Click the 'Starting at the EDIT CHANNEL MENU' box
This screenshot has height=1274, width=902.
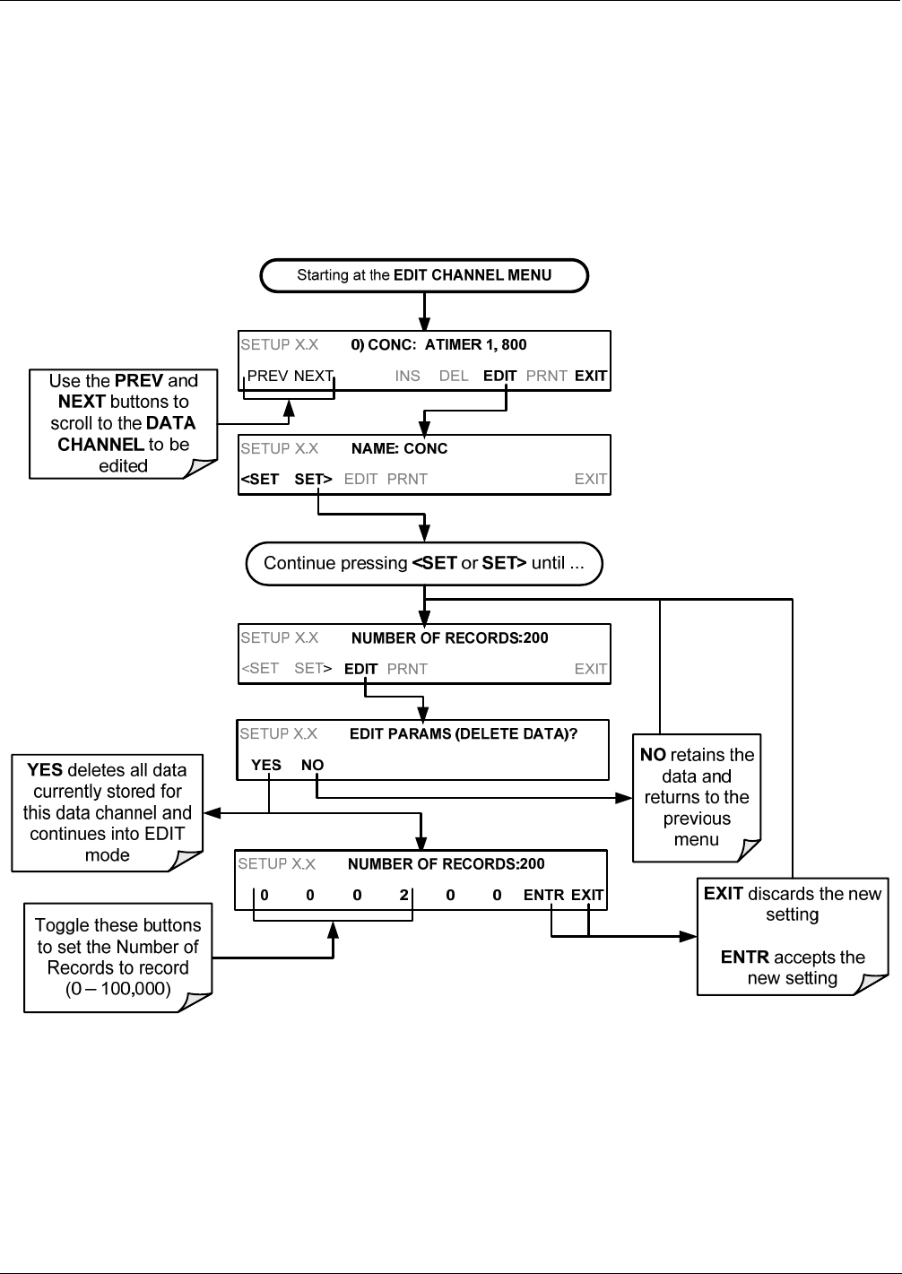[x=424, y=276]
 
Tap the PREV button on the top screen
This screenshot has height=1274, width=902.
[x=267, y=376]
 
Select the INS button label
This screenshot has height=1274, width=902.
[x=407, y=376]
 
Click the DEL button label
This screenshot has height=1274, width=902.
[x=454, y=376]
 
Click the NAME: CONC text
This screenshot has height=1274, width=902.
[x=399, y=449]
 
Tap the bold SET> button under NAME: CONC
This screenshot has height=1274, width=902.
[x=313, y=480]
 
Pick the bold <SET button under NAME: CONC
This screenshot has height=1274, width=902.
[x=260, y=480]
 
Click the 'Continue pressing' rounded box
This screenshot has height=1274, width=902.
[x=424, y=564]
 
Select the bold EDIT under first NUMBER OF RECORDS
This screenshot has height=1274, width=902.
[x=360, y=669]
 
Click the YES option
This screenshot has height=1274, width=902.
[x=266, y=765]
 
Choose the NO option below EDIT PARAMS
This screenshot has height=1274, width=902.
[x=312, y=765]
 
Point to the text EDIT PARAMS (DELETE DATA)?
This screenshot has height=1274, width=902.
[x=464, y=733]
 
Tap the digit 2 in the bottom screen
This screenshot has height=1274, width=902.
[x=403, y=896]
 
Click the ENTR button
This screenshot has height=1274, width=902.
[x=543, y=896]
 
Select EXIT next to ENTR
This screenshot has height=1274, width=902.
[x=587, y=896]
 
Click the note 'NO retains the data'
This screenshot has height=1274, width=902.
[x=697, y=797]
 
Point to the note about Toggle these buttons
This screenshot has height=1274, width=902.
[x=117, y=958]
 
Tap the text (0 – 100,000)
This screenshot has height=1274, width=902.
[x=117, y=989]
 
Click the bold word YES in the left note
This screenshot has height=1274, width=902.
[x=44, y=770]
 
